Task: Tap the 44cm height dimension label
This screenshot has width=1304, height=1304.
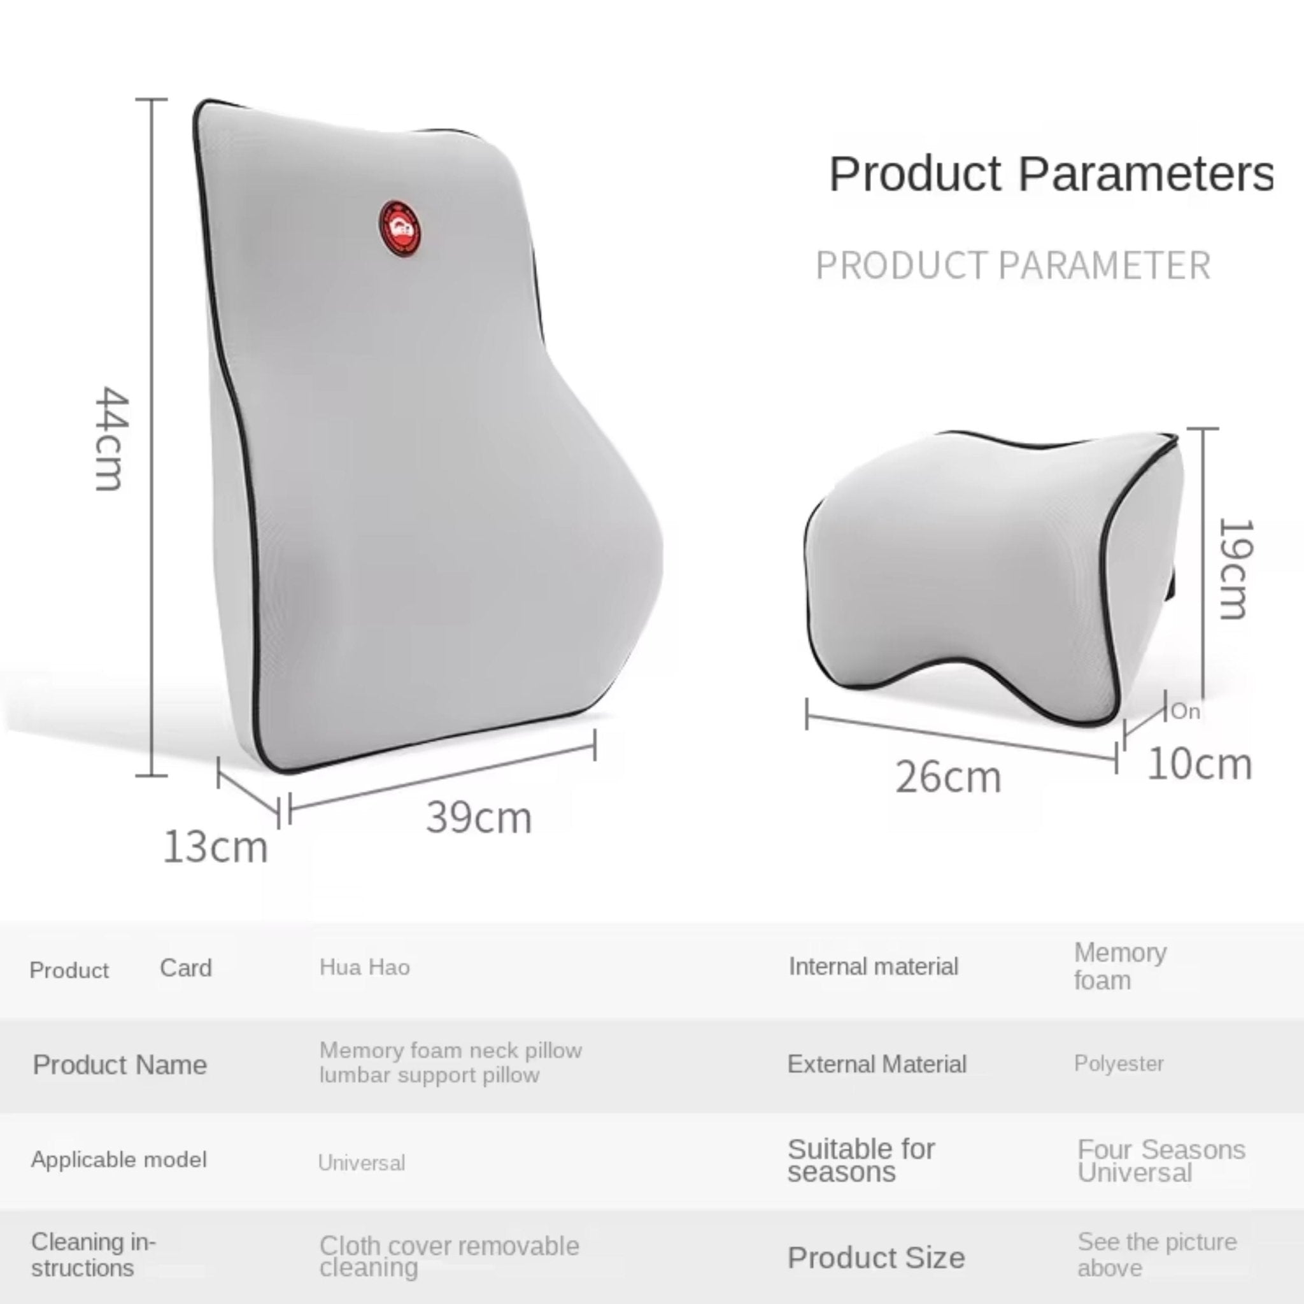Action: (109, 438)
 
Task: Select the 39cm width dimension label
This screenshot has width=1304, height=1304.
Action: (479, 818)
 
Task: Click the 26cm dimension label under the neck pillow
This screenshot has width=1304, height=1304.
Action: (947, 777)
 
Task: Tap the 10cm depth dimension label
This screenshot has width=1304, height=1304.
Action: (1200, 764)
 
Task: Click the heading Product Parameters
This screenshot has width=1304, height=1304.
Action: (1051, 174)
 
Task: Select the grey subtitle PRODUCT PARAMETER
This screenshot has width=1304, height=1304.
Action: (1013, 266)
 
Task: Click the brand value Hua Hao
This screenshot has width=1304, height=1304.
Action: (364, 967)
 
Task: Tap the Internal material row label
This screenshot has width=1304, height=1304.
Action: (874, 967)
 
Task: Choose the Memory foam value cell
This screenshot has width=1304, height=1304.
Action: (1121, 966)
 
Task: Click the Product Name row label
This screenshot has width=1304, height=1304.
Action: (120, 1065)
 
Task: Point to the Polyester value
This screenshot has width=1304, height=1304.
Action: (1118, 1064)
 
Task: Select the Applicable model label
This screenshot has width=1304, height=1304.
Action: (119, 1159)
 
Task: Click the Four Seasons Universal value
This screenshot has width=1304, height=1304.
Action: (1161, 1161)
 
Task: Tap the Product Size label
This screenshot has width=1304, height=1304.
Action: (876, 1258)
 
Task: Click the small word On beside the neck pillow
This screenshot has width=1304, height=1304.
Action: (1185, 711)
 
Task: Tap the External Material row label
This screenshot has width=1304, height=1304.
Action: (877, 1065)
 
